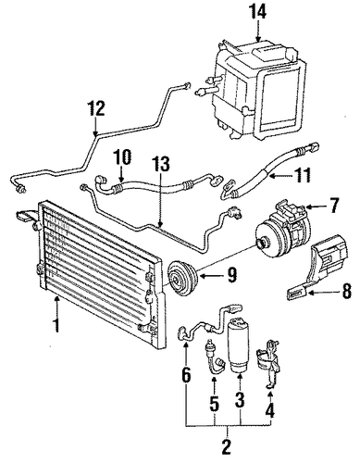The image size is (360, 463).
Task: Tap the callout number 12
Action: coord(96,108)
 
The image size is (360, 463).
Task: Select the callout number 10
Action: coord(122,158)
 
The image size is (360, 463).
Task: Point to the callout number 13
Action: coord(161,164)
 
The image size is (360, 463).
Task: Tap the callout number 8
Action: coord(346,291)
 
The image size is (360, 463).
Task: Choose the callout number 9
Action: coord(231,274)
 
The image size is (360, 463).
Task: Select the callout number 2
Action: coord(226,446)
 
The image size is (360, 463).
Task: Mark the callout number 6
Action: coord(186,375)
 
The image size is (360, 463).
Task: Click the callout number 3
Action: coord(240,399)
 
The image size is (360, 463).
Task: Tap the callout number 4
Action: coord(269,410)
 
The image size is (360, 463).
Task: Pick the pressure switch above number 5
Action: coord(214,357)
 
